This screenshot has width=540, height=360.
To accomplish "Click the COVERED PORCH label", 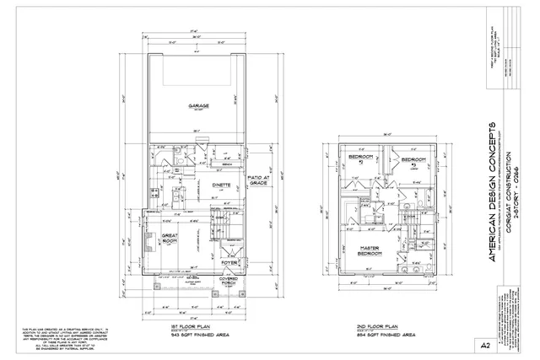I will [228, 281].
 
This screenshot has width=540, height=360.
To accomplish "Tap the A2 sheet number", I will [509, 345].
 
